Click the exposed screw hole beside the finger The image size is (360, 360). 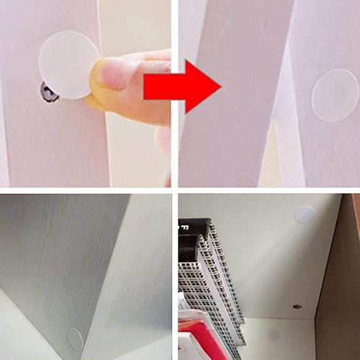point(49,92)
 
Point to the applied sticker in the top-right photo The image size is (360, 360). point(335,94)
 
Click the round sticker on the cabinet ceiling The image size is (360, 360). point(305,214)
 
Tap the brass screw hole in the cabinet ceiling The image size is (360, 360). point(297,306)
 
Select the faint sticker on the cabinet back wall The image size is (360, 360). point(273,335)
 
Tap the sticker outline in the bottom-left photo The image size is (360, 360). point(76,338)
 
